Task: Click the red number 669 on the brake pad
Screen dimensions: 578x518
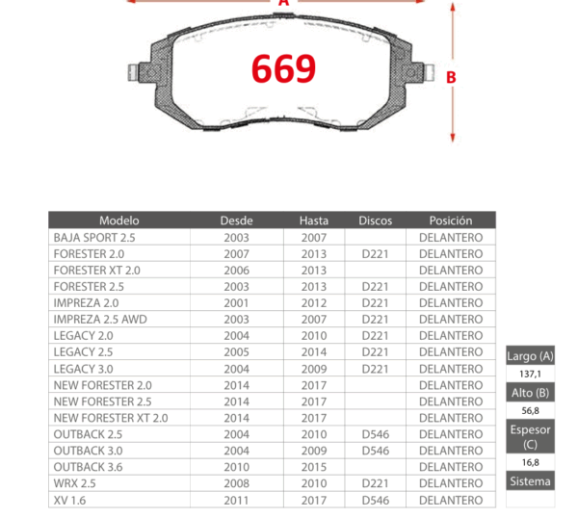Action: tap(283, 68)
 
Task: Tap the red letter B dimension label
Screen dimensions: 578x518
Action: tap(451, 77)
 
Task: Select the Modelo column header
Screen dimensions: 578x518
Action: tap(119, 220)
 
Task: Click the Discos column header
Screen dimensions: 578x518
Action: tap(376, 220)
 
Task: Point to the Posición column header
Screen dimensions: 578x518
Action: tap(451, 220)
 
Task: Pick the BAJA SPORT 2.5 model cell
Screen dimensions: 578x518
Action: tap(94, 238)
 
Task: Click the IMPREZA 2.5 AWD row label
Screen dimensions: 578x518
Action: tap(100, 319)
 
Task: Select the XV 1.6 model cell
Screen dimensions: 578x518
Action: tap(69, 500)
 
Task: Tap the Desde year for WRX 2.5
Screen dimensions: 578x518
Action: tap(236, 483)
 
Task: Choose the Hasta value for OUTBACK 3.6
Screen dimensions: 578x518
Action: tap(314, 467)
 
